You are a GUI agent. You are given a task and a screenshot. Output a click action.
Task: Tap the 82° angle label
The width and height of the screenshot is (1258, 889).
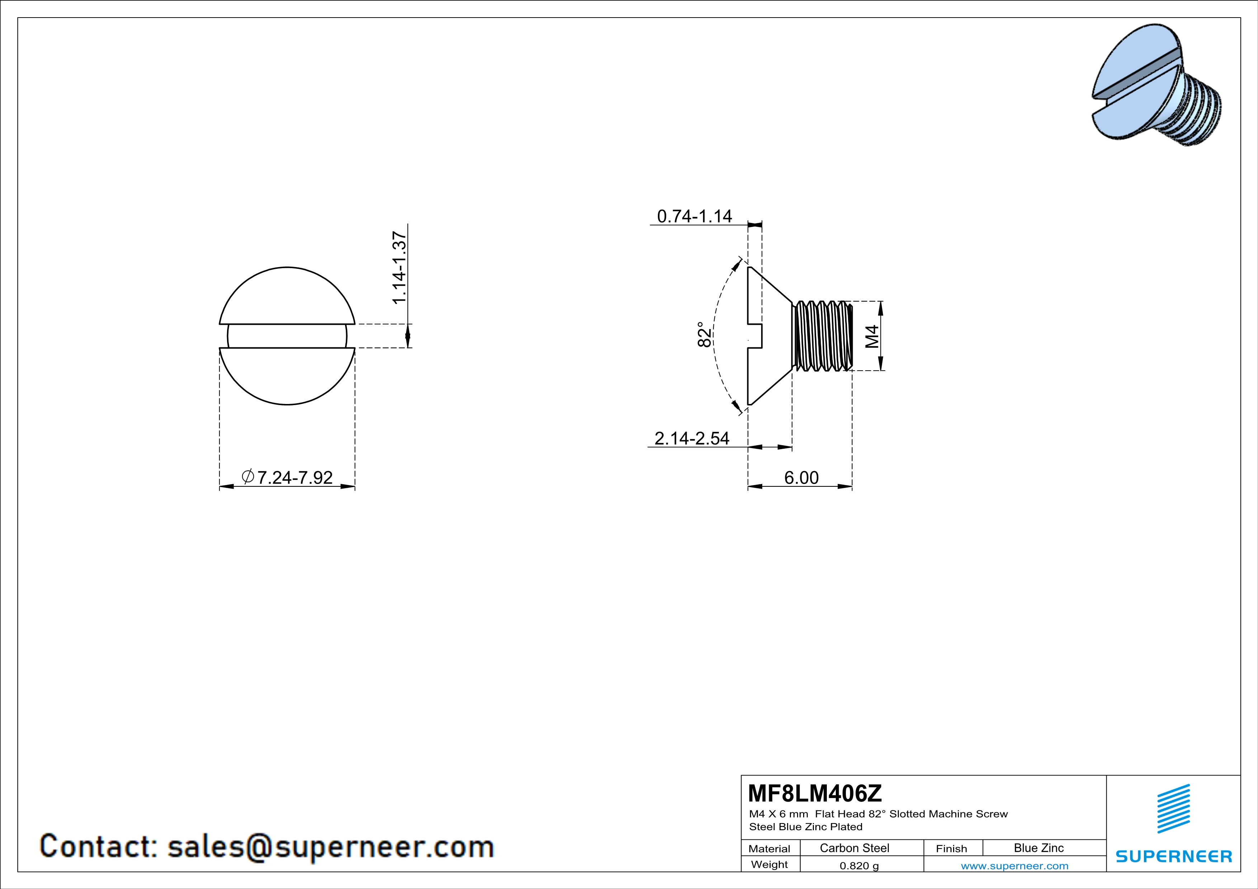704,334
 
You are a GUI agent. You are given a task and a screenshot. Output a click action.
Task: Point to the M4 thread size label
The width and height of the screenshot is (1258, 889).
872,336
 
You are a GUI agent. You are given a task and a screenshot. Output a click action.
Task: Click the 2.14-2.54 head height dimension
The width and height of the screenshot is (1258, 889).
692,438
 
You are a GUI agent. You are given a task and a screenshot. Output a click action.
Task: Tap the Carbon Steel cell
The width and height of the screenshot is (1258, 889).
854,848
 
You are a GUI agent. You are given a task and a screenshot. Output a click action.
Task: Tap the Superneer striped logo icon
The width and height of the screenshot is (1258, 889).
1173,809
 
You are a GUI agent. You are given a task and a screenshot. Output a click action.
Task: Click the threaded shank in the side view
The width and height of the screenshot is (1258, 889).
822,336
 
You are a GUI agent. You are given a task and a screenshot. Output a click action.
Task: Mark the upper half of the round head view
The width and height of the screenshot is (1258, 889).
287,296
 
